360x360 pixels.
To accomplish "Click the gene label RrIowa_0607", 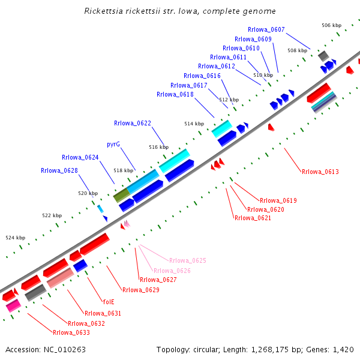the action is pos(266,29).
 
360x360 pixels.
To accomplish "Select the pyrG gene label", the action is pos(113,145).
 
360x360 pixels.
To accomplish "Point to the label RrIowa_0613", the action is pos(320,172).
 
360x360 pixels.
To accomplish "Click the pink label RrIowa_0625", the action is pos(188,260).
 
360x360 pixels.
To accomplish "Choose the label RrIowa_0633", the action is pos(71,332).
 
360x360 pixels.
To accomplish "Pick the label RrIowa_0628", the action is pos(59,170).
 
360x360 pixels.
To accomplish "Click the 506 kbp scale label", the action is pos(331,25).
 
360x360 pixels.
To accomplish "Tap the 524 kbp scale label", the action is pos(16,238).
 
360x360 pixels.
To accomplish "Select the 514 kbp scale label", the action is pos(194,124).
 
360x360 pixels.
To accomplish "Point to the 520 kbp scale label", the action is pos(88,193).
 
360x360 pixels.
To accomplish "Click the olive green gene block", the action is pos(121,195).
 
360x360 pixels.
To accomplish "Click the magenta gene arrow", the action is pos(13,306).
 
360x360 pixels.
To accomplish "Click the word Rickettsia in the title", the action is pos(106,11).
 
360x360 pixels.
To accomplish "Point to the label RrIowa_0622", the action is pos(133,124).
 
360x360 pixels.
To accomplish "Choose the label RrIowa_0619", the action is pos(278,200).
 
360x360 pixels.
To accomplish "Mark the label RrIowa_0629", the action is pos(141,290).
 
